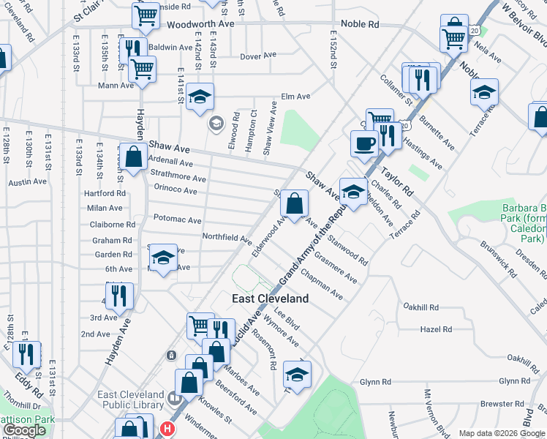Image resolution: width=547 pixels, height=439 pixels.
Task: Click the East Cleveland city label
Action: (x=270, y=299)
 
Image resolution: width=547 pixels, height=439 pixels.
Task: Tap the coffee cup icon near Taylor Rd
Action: (x=364, y=143)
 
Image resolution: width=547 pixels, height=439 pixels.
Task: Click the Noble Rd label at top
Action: (x=363, y=23)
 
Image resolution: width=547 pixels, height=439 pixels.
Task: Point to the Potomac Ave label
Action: (x=177, y=219)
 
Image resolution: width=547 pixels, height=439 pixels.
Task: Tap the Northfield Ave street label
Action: (x=227, y=238)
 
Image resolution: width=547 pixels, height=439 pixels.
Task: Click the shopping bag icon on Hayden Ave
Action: (x=133, y=157)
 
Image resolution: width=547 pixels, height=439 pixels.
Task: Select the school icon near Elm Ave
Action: (x=199, y=97)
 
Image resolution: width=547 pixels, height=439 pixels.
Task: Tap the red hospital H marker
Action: (x=168, y=429)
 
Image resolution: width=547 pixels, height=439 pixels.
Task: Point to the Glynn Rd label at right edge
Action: (x=514, y=381)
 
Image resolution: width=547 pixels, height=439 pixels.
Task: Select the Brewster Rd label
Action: (x=499, y=403)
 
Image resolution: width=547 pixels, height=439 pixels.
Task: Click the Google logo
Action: (x=24, y=430)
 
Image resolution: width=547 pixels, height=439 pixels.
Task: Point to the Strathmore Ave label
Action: (x=178, y=177)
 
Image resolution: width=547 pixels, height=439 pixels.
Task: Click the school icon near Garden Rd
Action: (x=164, y=258)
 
